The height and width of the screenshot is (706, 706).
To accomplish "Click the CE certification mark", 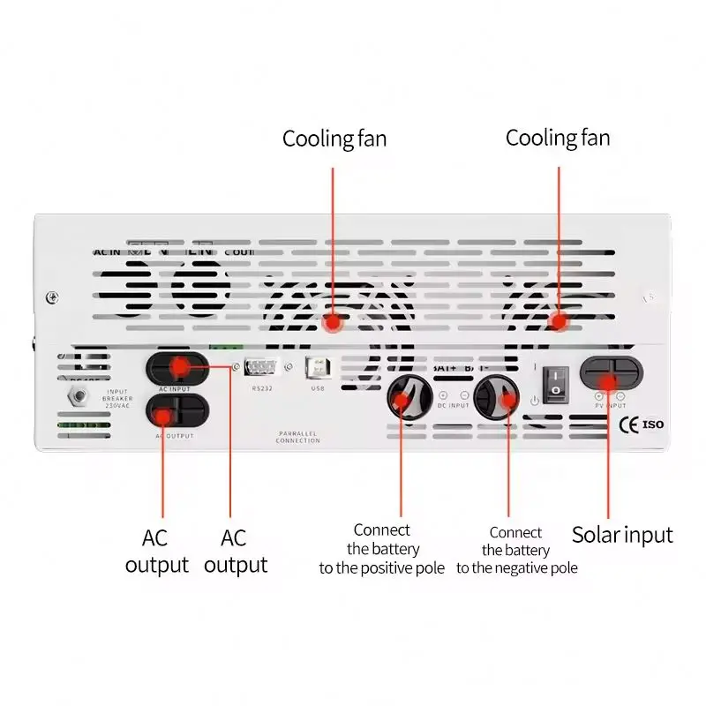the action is coord(630,424).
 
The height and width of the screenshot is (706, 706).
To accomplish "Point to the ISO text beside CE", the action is coord(653,424).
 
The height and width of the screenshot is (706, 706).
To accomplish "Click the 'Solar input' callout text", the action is coord(622,535).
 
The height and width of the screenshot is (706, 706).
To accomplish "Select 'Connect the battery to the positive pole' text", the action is coord(382,549).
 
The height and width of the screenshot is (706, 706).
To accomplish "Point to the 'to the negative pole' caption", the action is coord(517,567).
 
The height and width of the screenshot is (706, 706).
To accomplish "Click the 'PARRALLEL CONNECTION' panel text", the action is coord(297,436).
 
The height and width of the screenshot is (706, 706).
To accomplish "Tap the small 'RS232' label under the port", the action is coord(263,387).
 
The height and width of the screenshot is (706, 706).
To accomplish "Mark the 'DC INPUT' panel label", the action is coord(454,405).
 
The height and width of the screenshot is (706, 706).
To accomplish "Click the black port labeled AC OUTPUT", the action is coord(177,410).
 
